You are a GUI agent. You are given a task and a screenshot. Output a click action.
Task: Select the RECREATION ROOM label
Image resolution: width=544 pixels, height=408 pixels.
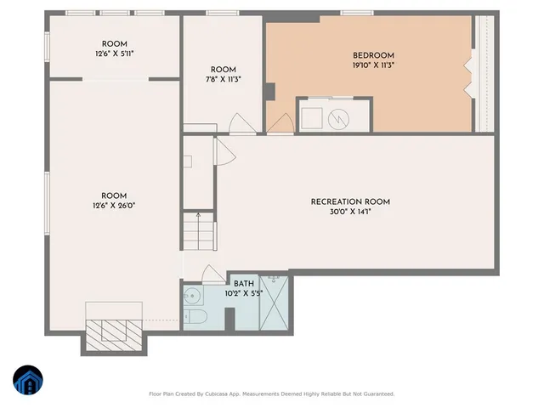point(349,201)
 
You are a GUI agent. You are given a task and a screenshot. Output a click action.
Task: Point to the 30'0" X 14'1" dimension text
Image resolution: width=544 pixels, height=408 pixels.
point(349,212)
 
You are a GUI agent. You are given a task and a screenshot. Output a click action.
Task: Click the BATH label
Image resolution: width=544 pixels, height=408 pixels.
point(244,284)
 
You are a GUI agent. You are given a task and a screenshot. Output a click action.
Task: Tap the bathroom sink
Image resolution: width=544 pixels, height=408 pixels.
point(191,297)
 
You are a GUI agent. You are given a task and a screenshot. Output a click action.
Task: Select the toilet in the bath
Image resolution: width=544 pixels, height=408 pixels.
point(193,320)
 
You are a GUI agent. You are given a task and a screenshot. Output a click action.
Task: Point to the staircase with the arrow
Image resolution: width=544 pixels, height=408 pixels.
point(197,230)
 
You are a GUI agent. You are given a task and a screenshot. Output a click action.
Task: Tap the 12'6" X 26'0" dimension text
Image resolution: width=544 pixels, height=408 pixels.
point(114,206)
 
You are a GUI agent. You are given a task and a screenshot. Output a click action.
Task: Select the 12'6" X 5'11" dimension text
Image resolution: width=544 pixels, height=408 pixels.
point(114,54)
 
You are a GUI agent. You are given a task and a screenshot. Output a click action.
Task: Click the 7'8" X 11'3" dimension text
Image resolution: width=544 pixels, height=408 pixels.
point(223,79)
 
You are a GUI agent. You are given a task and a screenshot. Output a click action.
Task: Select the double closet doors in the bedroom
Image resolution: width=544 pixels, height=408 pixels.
point(467,75)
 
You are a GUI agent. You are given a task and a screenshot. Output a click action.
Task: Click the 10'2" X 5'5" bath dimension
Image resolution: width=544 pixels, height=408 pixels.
point(244,293)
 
